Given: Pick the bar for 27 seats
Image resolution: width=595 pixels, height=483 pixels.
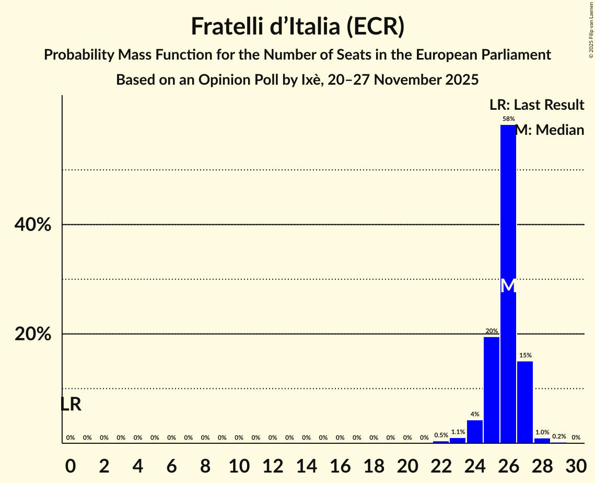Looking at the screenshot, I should pyautogui.click(x=525, y=402).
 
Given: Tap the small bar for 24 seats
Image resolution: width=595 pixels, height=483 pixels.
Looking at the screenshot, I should pyautogui.click(x=474, y=431).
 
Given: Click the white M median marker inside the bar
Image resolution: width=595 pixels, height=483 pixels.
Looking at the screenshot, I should pyautogui.click(x=508, y=286).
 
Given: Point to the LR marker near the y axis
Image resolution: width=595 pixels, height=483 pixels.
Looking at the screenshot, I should pyautogui.click(x=71, y=404).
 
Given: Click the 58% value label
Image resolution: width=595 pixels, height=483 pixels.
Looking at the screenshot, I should pyautogui.click(x=508, y=119).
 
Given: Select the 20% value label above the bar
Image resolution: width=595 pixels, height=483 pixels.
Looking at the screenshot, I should pyautogui.click(x=491, y=331).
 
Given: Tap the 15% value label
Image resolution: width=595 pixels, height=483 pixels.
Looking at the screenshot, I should pyautogui.click(x=525, y=355).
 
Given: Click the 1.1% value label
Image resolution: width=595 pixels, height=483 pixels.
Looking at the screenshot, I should pyautogui.click(x=458, y=432).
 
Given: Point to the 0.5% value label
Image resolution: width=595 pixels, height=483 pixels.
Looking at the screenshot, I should pyautogui.click(x=441, y=435).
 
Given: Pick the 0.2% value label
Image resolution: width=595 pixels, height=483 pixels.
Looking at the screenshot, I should pyautogui.click(x=559, y=436).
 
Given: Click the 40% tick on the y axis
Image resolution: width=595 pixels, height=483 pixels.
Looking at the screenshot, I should pyautogui.click(x=32, y=225).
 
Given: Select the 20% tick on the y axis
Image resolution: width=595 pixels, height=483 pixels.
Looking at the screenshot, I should pyautogui.click(x=32, y=334).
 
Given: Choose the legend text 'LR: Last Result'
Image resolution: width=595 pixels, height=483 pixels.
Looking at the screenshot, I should pyautogui.click(x=536, y=105).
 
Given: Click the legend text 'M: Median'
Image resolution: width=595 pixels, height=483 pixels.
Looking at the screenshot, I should pyautogui.click(x=550, y=130).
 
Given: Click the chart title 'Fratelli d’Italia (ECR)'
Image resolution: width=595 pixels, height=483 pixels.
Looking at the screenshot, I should pyautogui.click(x=297, y=26).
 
